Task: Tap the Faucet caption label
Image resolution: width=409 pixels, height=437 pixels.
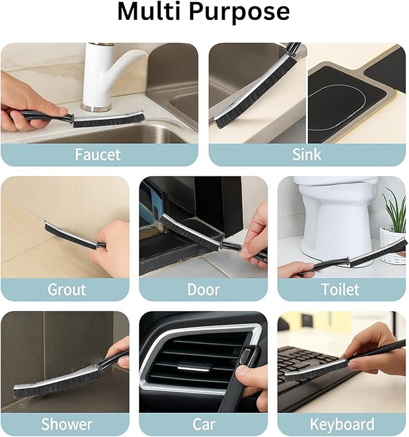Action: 98,155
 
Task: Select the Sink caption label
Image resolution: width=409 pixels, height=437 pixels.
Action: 307,155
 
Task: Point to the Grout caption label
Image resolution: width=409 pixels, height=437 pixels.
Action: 66,290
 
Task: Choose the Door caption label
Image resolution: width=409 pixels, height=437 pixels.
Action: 203,290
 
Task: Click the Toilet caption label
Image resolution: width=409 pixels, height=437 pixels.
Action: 340,290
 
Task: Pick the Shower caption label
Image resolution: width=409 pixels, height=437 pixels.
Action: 66,424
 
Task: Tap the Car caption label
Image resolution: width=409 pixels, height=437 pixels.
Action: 203,424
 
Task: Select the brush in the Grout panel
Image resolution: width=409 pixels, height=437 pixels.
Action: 69,235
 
